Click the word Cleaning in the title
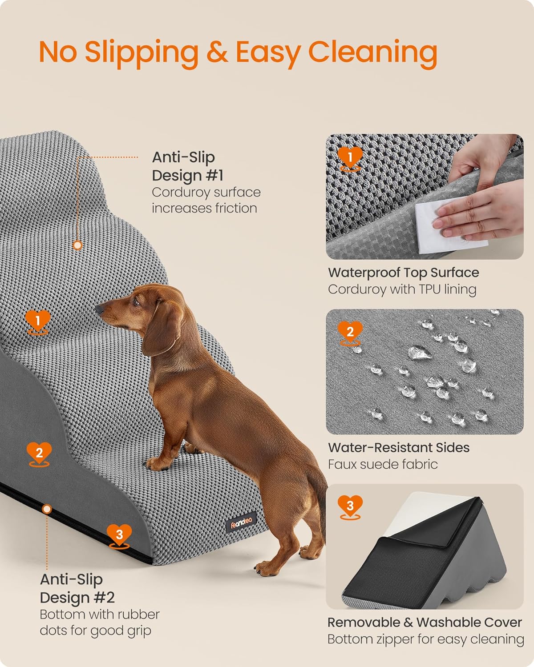pos(372,52)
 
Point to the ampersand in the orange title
pos(217,52)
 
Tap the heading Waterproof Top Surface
pos(403,272)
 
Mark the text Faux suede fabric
pos(383,464)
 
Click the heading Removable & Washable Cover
pos(425,622)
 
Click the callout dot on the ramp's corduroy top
pos(78,245)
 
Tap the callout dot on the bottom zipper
pos(47,509)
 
